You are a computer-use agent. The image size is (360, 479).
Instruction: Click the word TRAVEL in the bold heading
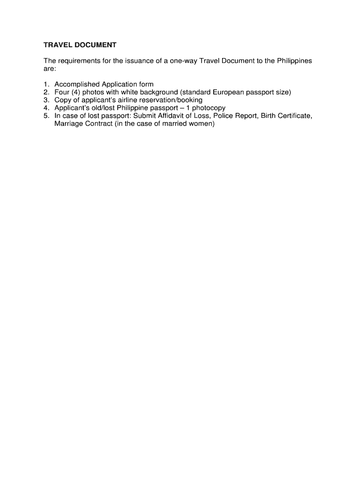tap(57, 45)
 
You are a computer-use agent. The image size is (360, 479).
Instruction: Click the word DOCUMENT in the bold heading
tap(94, 45)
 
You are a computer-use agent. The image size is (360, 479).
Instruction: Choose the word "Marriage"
tap(68, 124)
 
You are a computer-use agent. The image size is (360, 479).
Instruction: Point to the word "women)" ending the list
tap(203, 124)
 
